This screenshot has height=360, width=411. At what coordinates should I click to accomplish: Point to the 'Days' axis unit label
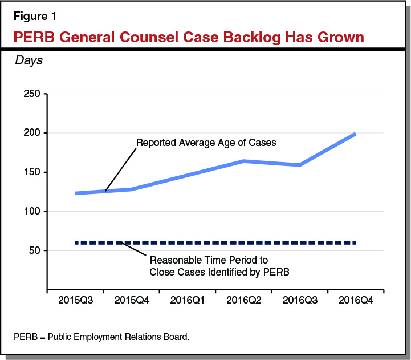29,60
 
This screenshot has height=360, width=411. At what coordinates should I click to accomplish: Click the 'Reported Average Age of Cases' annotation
206,143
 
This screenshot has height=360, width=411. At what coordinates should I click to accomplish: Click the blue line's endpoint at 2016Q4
355,134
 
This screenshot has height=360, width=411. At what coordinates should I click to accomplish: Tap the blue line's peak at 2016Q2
243,161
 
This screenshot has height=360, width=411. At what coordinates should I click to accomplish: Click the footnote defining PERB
101,337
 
